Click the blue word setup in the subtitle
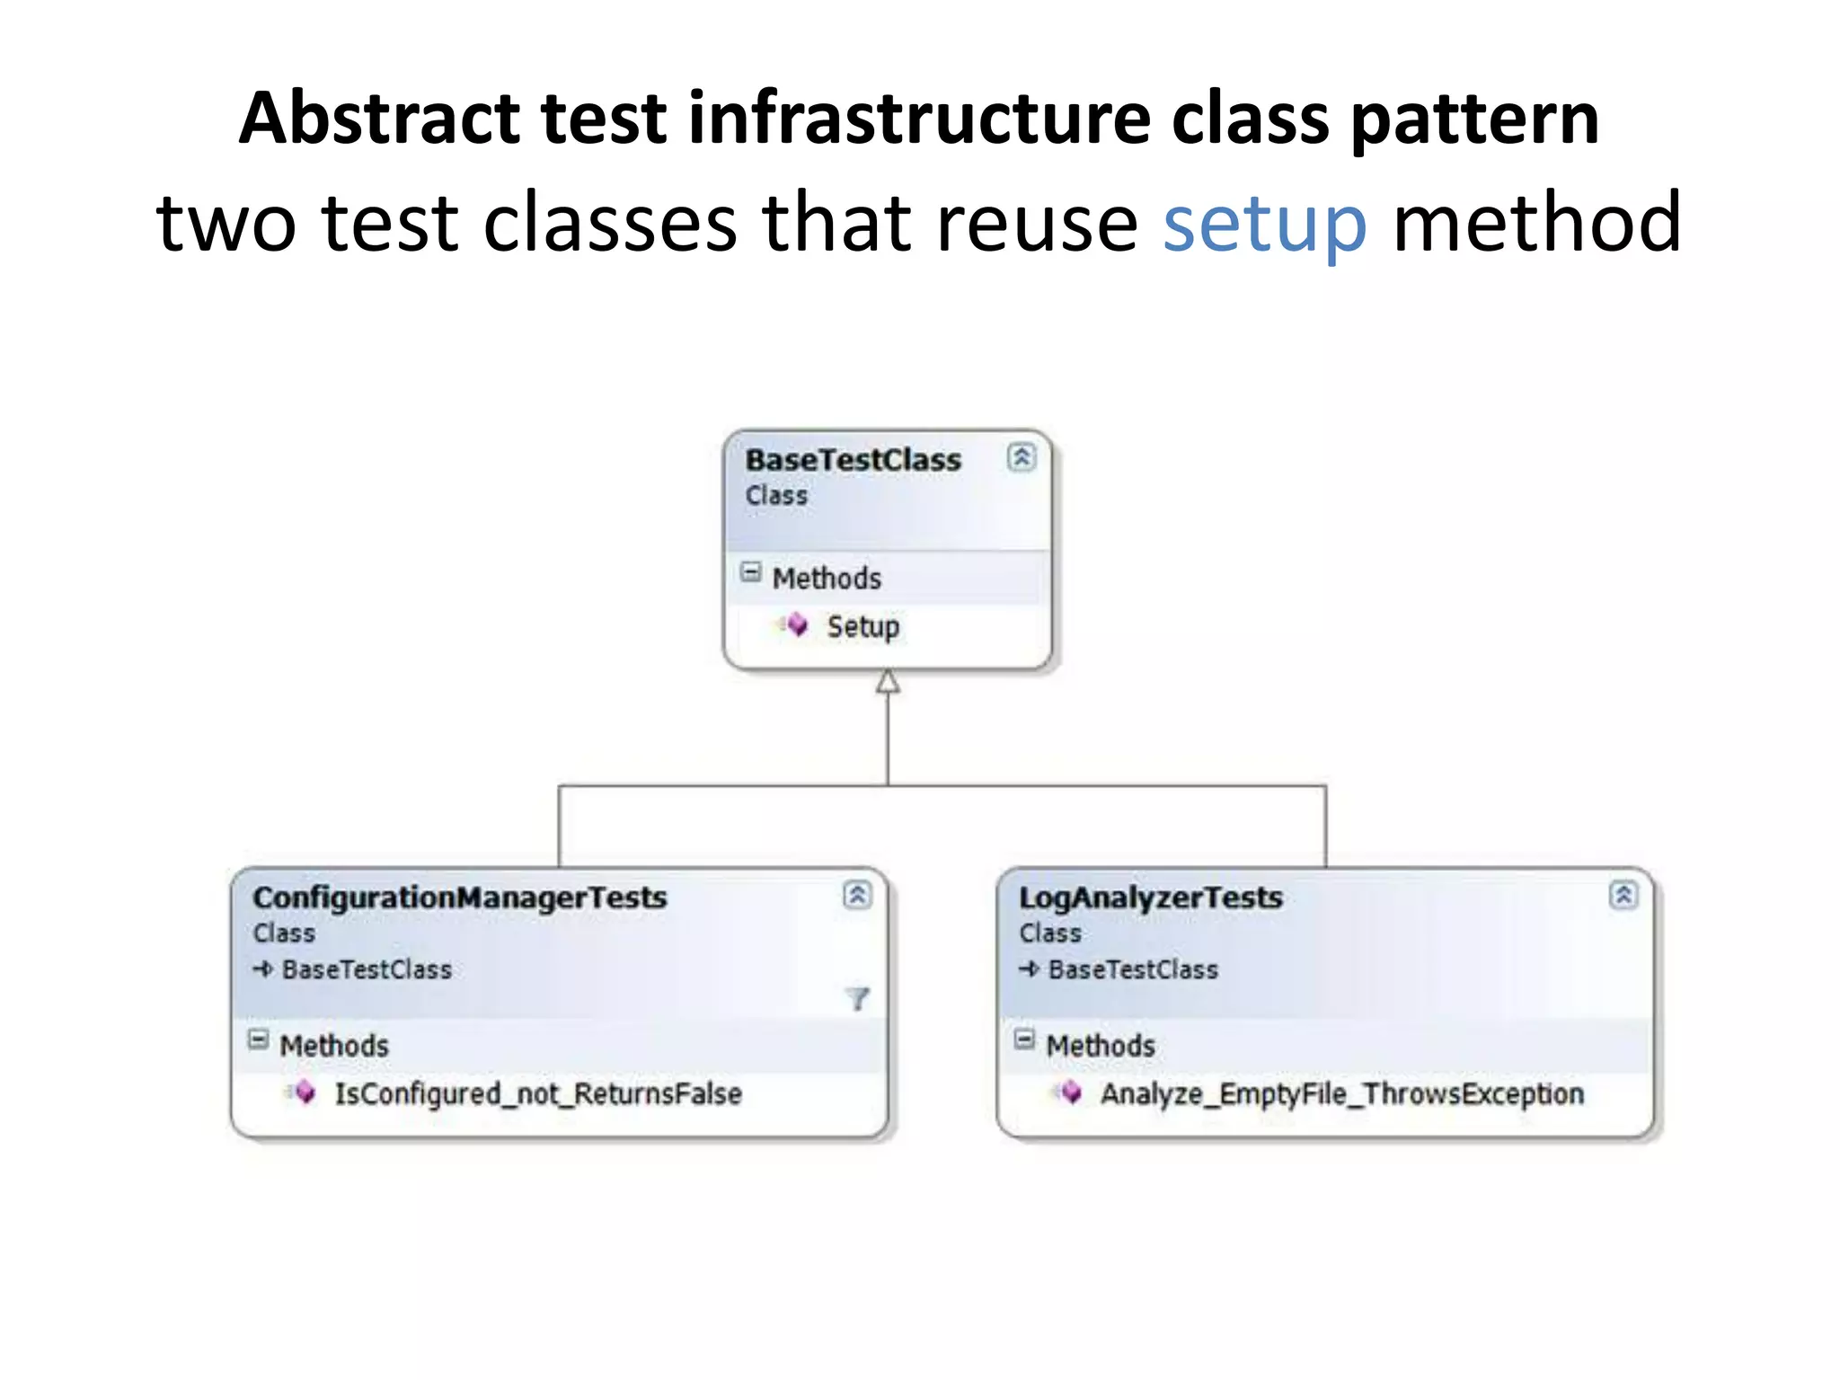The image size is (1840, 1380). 1264,225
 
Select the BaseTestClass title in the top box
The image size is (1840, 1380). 853,460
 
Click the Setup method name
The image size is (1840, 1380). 862,626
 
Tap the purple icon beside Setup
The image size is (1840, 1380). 796,624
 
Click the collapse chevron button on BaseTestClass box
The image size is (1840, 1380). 1021,457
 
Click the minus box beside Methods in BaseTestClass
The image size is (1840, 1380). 751,572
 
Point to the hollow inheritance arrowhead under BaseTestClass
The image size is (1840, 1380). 888,682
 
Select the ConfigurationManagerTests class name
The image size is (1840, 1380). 460,898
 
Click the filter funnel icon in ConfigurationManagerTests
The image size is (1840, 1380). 857,998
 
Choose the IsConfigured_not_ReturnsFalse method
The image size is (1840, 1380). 537,1093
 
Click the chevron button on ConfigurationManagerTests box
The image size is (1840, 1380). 857,895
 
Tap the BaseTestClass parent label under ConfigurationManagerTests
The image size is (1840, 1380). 367,969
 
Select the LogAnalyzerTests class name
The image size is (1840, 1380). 1150,898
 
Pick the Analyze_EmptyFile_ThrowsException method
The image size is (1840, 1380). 1341,1093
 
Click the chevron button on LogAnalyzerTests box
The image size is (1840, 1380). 1623,895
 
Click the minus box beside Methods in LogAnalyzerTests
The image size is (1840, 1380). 1024,1039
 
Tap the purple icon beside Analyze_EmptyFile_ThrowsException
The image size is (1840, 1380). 1069,1092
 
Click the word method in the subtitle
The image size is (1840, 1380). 1536,223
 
